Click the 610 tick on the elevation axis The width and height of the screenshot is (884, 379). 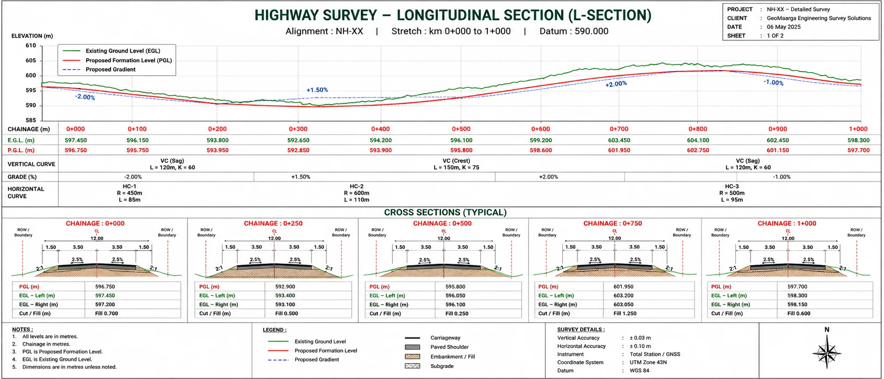click(31, 46)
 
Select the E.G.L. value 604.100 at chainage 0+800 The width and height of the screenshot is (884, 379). click(698, 140)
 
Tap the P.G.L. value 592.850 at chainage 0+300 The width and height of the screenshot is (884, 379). click(298, 150)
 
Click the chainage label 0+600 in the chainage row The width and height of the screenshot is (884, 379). click(541, 129)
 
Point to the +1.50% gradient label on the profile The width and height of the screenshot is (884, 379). click(317, 90)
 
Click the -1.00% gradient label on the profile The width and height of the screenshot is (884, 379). click(774, 83)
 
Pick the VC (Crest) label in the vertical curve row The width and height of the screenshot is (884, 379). click(456, 161)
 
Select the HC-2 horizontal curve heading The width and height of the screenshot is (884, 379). click(356, 186)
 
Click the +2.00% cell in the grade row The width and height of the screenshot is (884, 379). click(548, 177)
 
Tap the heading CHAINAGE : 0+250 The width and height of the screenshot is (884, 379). click(273, 223)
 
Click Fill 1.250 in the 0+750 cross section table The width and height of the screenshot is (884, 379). click(625, 313)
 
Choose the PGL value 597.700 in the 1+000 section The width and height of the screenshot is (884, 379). click(797, 287)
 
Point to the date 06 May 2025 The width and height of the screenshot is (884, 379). click(784, 27)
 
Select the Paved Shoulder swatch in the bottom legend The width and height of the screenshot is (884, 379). click(412, 347)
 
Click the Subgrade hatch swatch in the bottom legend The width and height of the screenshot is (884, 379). click(412, 366)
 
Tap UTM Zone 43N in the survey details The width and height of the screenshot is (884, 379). click(648, 362)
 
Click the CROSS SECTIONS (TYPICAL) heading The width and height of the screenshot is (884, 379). click(445, 212)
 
